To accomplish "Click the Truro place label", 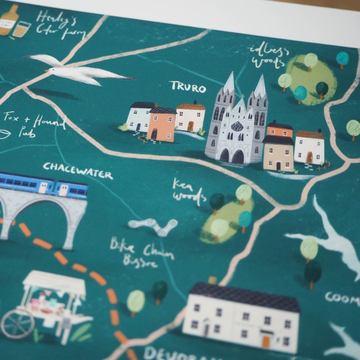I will point(188,87).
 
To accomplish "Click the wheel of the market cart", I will point(17,324).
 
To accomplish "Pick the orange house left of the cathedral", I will point(161,125).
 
